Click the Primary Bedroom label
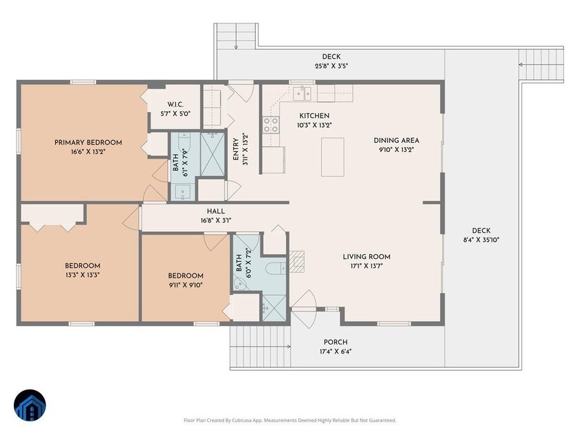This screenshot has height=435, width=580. [88, 142]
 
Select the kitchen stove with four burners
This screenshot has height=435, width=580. [271, 124]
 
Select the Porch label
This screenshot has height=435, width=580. [336, 342]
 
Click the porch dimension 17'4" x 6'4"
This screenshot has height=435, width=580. [336, 351]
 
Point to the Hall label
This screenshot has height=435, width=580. [215, 211]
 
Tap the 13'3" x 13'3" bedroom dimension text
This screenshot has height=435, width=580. [83, 275]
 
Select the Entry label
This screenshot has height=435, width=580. [235, 150]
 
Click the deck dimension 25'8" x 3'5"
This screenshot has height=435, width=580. [331, 66]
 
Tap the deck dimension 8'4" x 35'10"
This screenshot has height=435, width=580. [481, 240]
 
